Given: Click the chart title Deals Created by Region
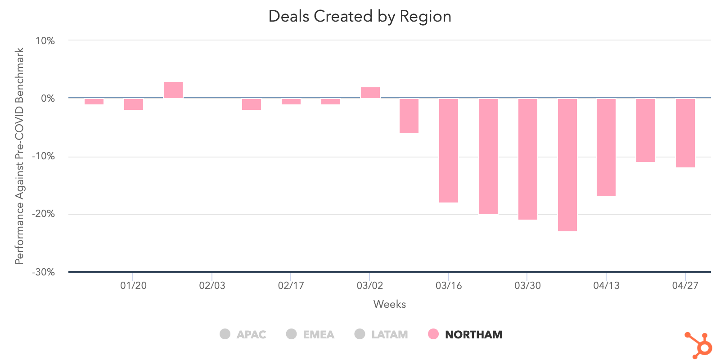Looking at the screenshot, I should (360, 16).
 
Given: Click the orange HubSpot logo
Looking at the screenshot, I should (699, 345).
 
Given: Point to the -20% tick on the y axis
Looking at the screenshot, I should (43, 214).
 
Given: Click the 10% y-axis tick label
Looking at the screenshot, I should (45, 41).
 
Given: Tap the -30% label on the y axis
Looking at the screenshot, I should (43, 272).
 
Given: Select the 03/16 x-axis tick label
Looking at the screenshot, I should (449, 285).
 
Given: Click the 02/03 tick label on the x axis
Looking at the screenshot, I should (212, 285).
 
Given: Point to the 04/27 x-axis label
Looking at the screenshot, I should (685, 285).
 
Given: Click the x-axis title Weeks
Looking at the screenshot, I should (389, 304).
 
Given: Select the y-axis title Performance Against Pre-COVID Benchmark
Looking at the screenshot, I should (19, 156).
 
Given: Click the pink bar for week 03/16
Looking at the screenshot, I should (449, 150).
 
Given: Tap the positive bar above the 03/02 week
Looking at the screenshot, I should (370, 93).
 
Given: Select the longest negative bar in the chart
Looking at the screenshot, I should (567, 165).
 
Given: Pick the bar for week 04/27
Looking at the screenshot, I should (685, 133).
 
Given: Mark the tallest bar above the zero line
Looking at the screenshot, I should (173, 90).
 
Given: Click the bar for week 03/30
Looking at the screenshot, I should (527, 159).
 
